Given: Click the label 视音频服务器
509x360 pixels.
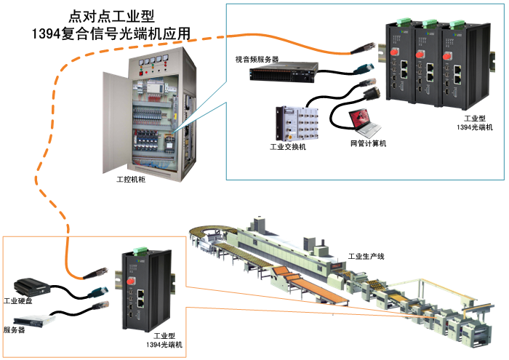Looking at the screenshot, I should click(x=257, y=58).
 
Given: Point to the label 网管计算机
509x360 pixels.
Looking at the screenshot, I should click(x=369, y=143).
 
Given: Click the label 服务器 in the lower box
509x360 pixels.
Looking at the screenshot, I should click(x=15, y=329).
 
